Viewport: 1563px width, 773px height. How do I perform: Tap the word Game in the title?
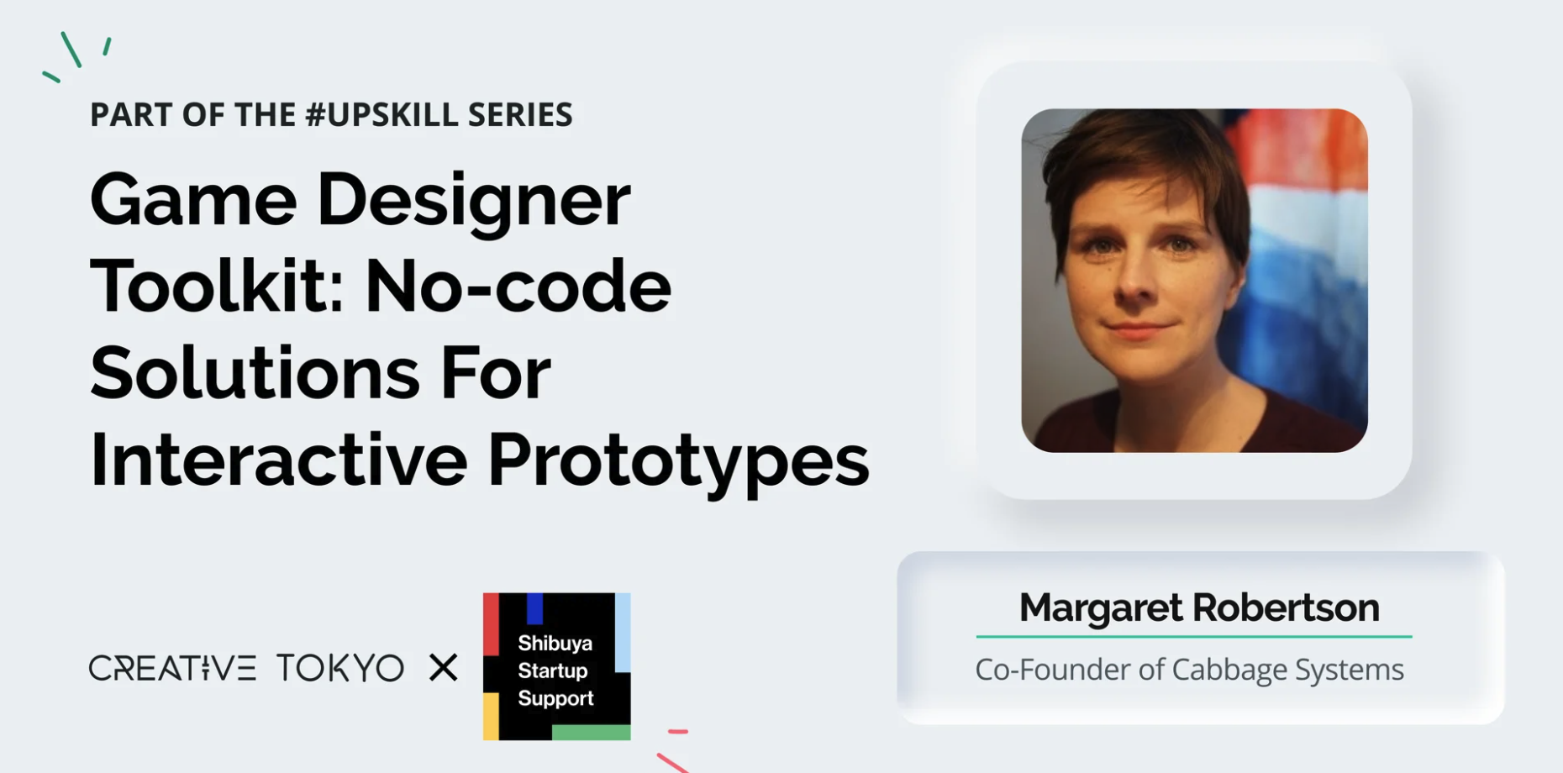(x=193, y=200)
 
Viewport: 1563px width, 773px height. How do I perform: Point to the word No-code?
(x=518, y=287)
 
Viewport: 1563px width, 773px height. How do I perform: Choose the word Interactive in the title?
(x=278, y=460)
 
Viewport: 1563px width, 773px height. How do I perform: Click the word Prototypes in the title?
(x=678, y=461)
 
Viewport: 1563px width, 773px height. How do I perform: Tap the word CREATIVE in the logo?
(x=172, y=668)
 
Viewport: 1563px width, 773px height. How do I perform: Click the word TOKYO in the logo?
(x=340, y=668)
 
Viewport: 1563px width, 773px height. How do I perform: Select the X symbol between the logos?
(x=443, y=668)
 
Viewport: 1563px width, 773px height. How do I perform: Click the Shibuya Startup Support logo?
(x=556, y=667)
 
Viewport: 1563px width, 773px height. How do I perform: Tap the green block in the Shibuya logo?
(x=592, y=732)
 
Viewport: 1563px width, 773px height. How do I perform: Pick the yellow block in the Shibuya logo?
(x=491, y=716)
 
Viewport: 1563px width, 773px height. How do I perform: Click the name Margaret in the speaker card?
(x=1102, y=607)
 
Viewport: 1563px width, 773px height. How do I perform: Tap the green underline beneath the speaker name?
(x=1194, y=637)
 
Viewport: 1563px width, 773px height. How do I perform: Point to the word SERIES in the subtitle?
(x=520, y=114)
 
